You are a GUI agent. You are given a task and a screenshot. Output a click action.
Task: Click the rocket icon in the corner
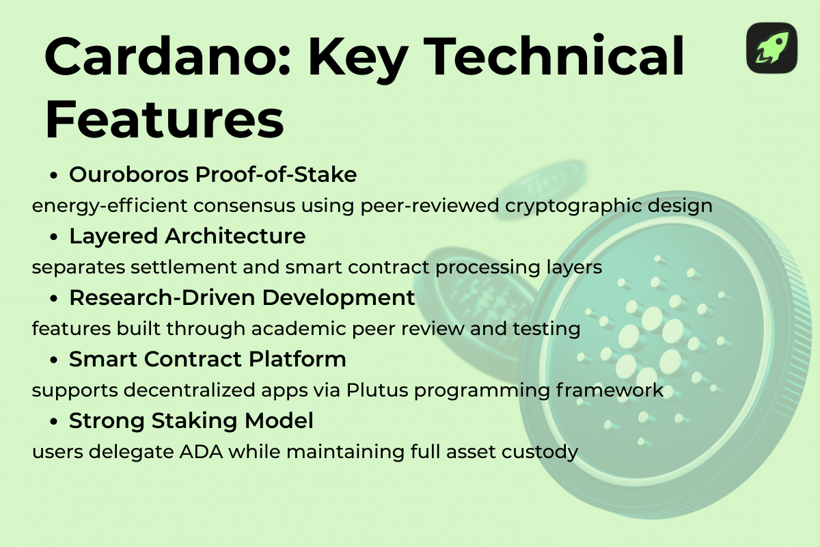point(771,48)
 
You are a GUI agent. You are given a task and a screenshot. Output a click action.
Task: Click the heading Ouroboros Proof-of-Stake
point(213,175)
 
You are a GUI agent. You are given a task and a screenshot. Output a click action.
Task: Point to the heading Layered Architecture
point(187,237)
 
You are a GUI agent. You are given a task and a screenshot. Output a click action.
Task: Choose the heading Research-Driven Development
point(242,298)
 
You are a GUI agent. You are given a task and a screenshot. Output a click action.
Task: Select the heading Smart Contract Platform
point(207,360)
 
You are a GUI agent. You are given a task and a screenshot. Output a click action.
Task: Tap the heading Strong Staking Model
point(191,421)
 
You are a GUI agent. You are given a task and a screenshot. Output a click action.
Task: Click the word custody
point(538,452)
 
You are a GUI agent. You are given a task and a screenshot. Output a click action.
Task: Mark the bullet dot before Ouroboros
point(54,176)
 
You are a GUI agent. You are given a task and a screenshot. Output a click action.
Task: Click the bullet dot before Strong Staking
point(54,423)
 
